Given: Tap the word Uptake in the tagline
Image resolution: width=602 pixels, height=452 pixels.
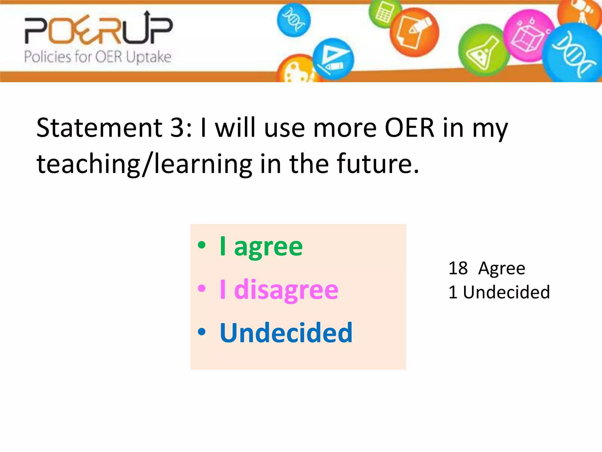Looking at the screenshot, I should coord(148,57).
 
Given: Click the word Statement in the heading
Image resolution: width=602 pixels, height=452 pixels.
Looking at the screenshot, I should coord(99,128).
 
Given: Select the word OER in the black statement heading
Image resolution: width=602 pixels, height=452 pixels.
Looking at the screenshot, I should coord(409,128).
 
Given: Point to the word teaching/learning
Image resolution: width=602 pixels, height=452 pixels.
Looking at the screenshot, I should coord(144,164).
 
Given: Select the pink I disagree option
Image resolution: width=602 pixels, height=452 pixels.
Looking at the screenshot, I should coord(279,290).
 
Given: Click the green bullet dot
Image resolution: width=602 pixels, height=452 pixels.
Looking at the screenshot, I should coord(202,245).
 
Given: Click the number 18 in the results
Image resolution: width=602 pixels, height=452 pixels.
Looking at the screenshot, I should coord(458,268).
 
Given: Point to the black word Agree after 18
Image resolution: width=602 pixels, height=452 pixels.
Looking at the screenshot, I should coord(501,268).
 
